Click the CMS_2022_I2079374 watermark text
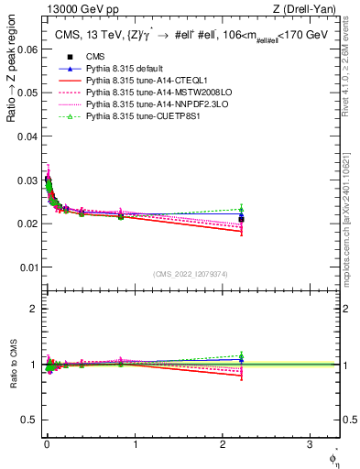point(191,274)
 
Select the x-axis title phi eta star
point(333,454)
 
